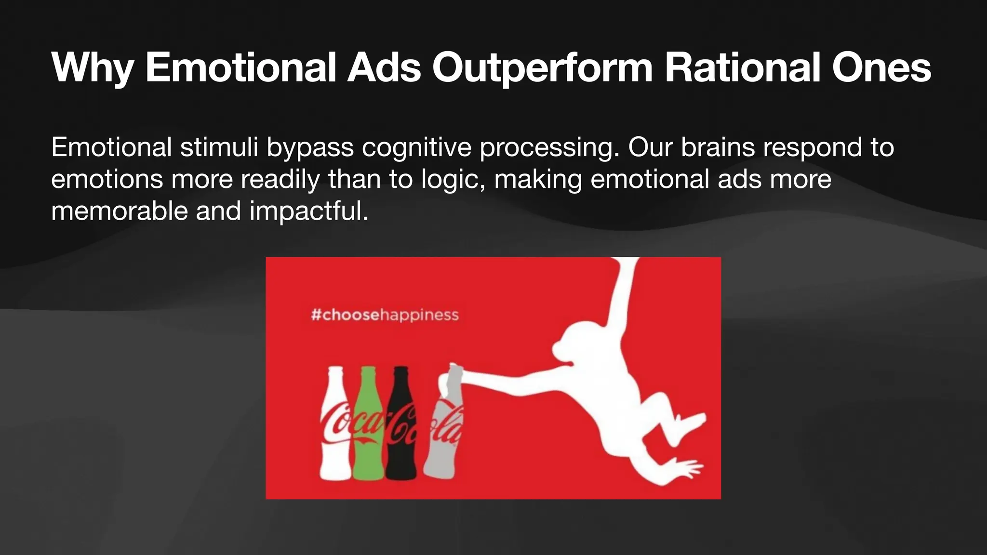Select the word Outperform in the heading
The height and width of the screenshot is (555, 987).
click(542, 68)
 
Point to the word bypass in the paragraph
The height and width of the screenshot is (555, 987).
click(310, 148)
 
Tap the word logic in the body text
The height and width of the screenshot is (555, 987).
click(450, 180)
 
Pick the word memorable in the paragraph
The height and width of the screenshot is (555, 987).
click(119, 211)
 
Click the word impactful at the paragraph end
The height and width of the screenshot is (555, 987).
click(308, 211)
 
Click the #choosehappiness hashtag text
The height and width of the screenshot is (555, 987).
click(385, 315)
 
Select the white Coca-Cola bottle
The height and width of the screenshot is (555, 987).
click(335, 434)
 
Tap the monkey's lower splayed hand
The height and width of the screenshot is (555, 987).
click(687, 467)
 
